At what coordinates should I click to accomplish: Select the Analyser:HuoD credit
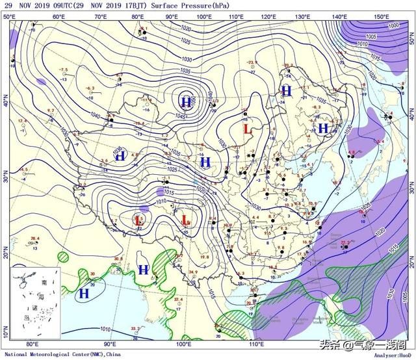(389, 355)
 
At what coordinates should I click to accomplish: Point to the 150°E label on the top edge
(382, 16)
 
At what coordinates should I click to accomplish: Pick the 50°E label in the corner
(9, 16)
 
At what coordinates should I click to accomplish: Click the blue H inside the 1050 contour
(187, 102)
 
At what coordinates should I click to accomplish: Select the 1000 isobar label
(393, 25)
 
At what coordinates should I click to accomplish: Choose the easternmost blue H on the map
(323, 128)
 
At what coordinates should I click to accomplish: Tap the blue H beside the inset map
(84, 294)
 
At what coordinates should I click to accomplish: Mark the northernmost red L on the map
(247, 129)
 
